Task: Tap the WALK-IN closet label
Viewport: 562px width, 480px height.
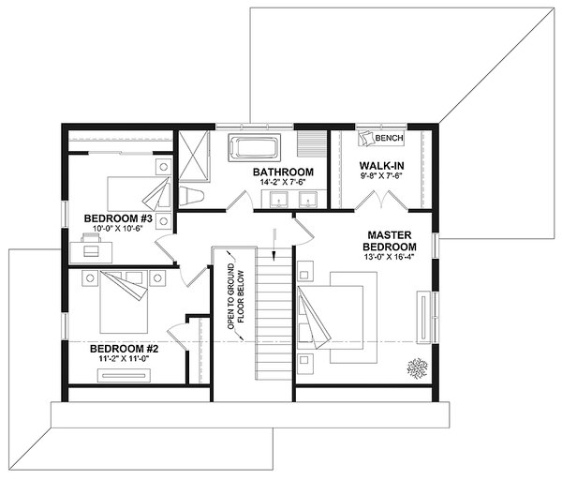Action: coord(381,166)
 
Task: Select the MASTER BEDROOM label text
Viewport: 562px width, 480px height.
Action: coord(391,240)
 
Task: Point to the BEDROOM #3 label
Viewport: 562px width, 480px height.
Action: coord(118,218)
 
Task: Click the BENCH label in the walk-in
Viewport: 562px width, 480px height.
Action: coord(389,139)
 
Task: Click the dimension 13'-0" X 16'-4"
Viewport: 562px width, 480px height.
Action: coord(391,263)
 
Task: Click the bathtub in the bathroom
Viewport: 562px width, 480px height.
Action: coord(256,148)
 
